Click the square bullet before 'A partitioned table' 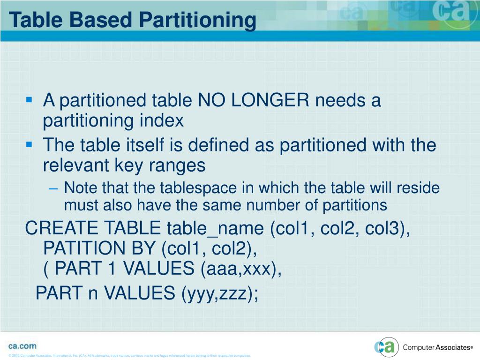coord(30,100)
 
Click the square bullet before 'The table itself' coord(30,144)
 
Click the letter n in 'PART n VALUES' coord(93,294)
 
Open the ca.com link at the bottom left coord(22,345)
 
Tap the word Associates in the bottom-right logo coord(452,347)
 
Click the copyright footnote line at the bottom coord(129,356)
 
